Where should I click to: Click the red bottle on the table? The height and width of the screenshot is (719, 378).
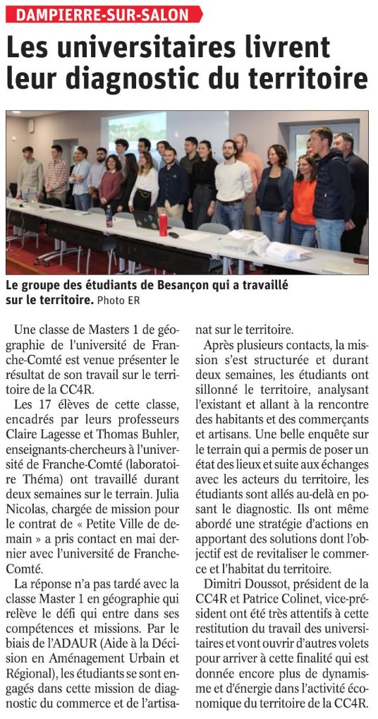click(163, 224)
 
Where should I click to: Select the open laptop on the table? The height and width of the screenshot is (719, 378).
click(146, 220)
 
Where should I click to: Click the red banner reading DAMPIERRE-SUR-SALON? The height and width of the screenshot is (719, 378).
click(103, 14)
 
